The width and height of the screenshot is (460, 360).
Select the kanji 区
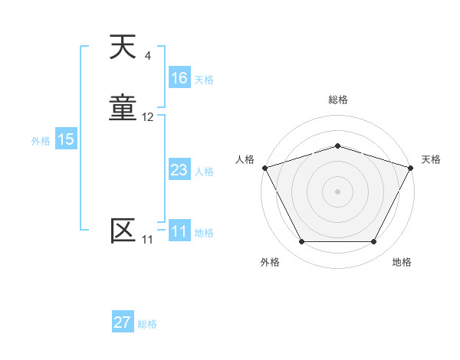tap(123, 231)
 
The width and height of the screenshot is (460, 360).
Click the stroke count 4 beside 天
tap(147, 56)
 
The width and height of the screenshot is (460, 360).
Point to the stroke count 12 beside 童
tap(147, 117)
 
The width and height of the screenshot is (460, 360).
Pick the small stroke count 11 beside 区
tap(147, 240)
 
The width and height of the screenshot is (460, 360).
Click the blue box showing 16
tap(179, 78)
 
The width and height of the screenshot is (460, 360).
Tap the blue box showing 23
tap(179, 170)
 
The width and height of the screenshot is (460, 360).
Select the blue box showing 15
tap(65, 139)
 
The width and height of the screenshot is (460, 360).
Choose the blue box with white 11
tap(179, 231)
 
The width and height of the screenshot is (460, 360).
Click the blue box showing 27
tap(122, 322)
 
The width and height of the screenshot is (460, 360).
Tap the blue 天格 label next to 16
tap(204, 80)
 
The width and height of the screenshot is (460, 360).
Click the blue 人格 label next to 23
tap(204, 172)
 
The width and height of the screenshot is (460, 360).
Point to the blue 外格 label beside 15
tap(41, 141)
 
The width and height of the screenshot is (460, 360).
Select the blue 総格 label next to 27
tap(147, 324)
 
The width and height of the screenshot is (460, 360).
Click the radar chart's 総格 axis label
tap(337, 100)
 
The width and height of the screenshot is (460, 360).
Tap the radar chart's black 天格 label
tap(431, 159)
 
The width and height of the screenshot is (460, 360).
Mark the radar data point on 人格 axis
tap(264, 167)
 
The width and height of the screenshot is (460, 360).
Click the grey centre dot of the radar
tap(337, 191)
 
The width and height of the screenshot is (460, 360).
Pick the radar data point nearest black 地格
tap(373, 241)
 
